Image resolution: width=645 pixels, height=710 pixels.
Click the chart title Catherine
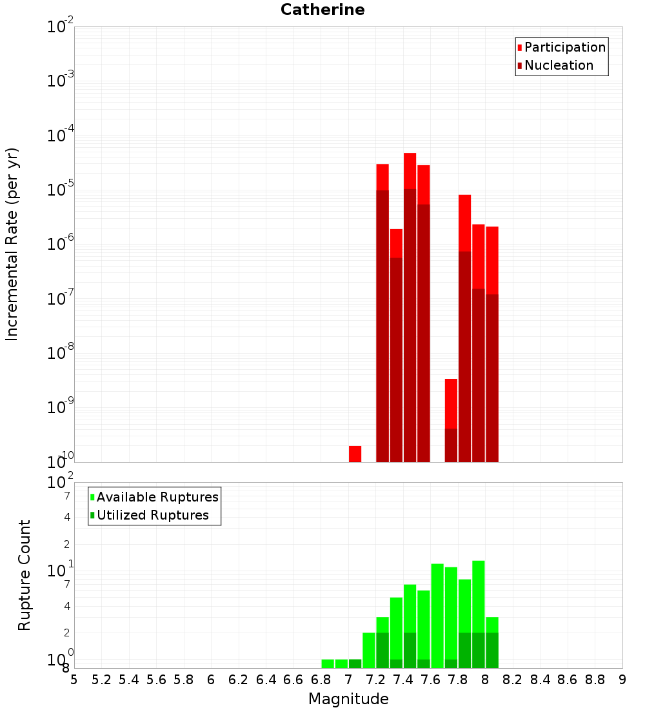[322, 10]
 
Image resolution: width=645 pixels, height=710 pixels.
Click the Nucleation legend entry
[559, 65]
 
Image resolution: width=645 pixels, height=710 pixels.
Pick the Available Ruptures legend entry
[157, 497]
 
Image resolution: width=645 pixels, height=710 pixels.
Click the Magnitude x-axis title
[348, 699]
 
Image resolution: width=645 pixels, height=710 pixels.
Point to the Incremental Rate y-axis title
[12, 244]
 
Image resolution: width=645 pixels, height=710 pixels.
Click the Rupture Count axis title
[25, 575]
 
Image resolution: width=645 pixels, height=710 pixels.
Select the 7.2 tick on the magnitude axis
[375, 680]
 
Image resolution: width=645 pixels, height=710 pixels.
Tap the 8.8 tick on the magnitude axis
[595, 680]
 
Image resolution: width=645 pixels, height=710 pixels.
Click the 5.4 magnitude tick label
[129, 680]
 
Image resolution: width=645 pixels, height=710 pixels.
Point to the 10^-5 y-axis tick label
[61, 189]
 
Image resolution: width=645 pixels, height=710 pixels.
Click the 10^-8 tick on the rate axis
[61, 352]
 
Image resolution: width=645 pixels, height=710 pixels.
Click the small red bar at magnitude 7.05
[355, 454]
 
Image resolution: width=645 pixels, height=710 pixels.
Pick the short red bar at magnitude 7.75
[451, 403]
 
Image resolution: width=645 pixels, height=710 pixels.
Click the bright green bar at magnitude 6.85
[328, 664]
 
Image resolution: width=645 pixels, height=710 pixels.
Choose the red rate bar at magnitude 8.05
[492, 258]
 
